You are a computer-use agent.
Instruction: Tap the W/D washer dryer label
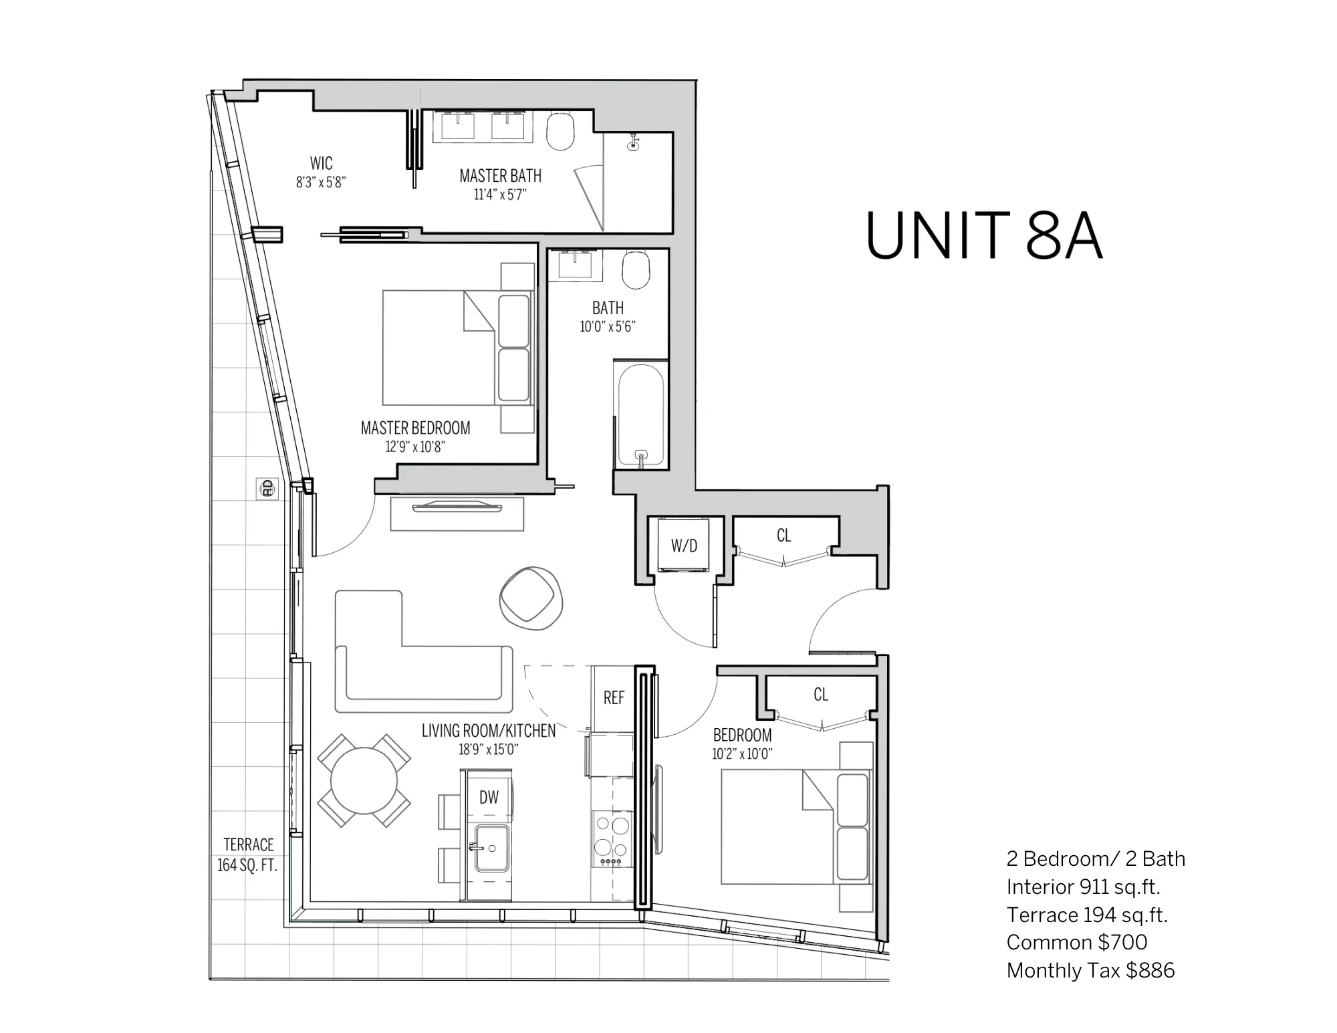(x=684, y=546)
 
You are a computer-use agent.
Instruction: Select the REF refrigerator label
(x=614, y=698)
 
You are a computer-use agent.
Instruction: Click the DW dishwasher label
(x=489, y=797)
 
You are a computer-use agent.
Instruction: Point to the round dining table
(x=364, y=781)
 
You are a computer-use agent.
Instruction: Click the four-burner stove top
(x=612, y=840)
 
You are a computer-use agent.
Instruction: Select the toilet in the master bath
(x=560, y=131)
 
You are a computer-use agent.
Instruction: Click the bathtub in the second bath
(x=641, y=415)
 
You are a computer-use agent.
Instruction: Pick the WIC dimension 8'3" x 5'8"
(x=321, y=182)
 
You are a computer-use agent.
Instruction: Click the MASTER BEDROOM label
(x=415, y=428)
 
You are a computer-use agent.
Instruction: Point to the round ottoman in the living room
(x=531, y=599)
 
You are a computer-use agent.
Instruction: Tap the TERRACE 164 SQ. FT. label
(x=248, y=854)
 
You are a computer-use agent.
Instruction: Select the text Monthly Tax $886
(x=1090, y=970)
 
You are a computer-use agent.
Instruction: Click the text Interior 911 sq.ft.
(x=1083, y=887)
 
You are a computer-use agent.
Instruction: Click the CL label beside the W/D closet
(x=783, y=536)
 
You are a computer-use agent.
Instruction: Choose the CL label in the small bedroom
(x=821, y=695)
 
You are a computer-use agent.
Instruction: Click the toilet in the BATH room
(x=636, y=269)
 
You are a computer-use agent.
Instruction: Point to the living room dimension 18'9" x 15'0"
(x=488, y=750)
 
